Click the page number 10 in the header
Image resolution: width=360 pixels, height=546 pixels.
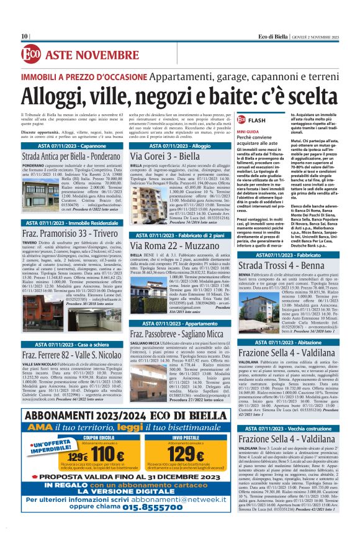pos(25,36)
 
